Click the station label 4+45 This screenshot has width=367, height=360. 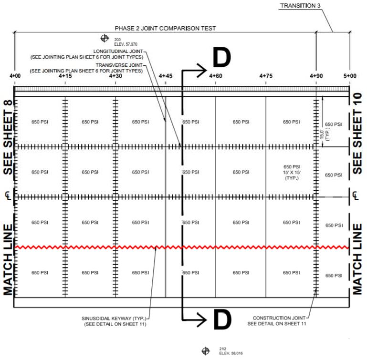click(166, 76)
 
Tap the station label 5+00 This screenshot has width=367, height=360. click(350, 76)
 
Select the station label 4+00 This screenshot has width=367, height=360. click(15, 76)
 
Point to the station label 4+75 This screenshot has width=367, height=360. click(266, 76)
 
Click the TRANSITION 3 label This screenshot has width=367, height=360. click(300, 6)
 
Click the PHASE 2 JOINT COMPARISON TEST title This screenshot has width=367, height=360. click(165, 28)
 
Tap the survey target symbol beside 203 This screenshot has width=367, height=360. click(105, 38)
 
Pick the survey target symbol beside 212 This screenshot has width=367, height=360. click(206, 351)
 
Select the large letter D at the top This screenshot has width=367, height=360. click(222, 57)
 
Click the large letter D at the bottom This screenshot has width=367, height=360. click(222, 319)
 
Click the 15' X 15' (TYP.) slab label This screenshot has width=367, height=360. click(292, 175)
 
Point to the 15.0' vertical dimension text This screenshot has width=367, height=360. click(322, 135)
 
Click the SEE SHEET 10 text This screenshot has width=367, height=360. click(357, 134)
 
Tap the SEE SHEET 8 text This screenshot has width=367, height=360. click(8, 137)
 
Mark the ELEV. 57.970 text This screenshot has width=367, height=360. click(126, 44)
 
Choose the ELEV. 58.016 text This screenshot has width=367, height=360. click(231, 353)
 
